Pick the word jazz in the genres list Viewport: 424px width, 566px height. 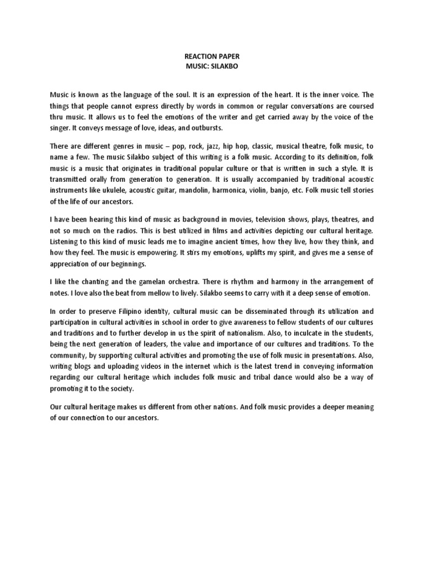(203, 146)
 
